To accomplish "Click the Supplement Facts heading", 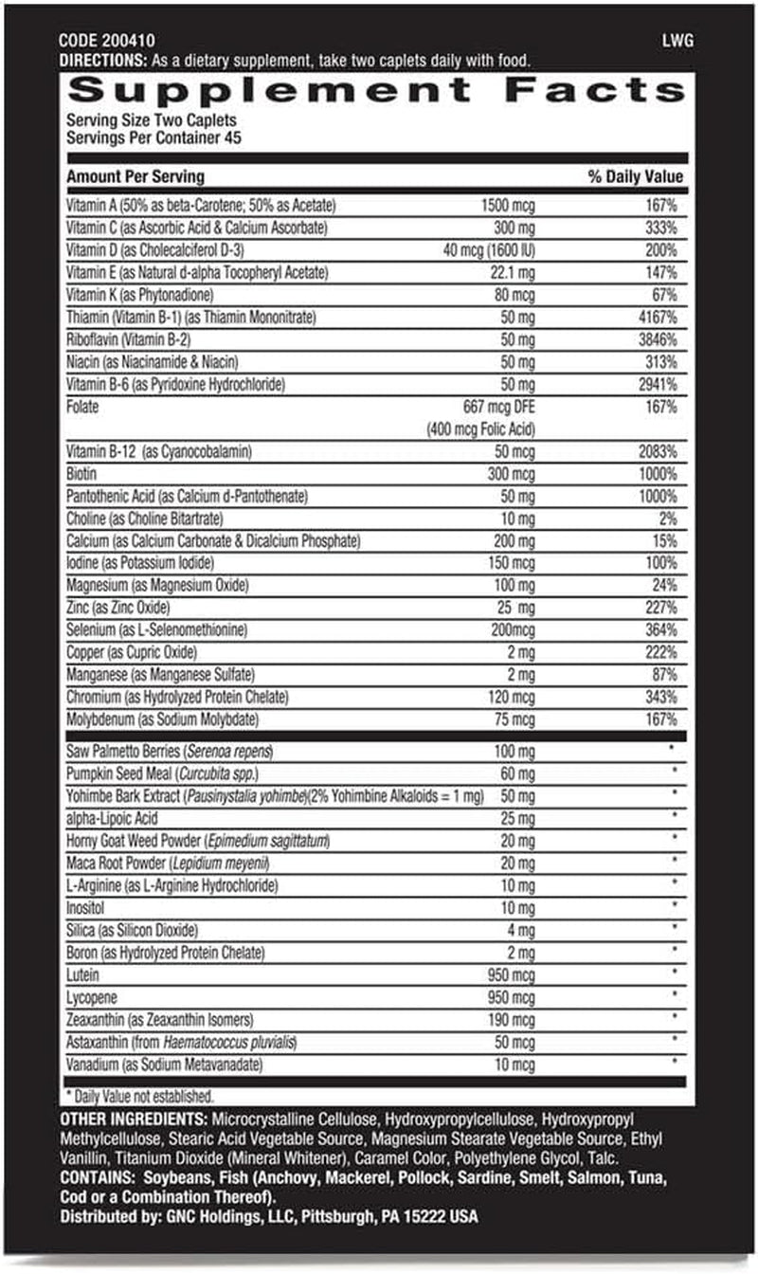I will [x=376, y=91].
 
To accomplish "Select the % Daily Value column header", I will [x=635, y=177].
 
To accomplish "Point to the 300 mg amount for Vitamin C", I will [x=514, y=228].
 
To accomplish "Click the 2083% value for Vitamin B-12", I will [x=657, y=452].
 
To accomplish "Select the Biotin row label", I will [x=81, y=474].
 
